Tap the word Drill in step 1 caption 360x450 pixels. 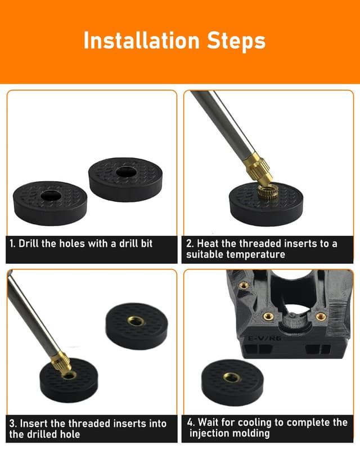[31, 244]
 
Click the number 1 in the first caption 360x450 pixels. [12, 244]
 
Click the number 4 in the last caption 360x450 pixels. [191, 422]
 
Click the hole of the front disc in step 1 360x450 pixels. [51, 195]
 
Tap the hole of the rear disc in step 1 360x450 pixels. [123, 172]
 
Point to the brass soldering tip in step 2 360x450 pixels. [259, 166]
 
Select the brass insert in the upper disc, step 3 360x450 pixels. [135, 321]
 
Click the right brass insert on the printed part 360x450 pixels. [321, 317]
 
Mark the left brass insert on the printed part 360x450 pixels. [268, 317]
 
